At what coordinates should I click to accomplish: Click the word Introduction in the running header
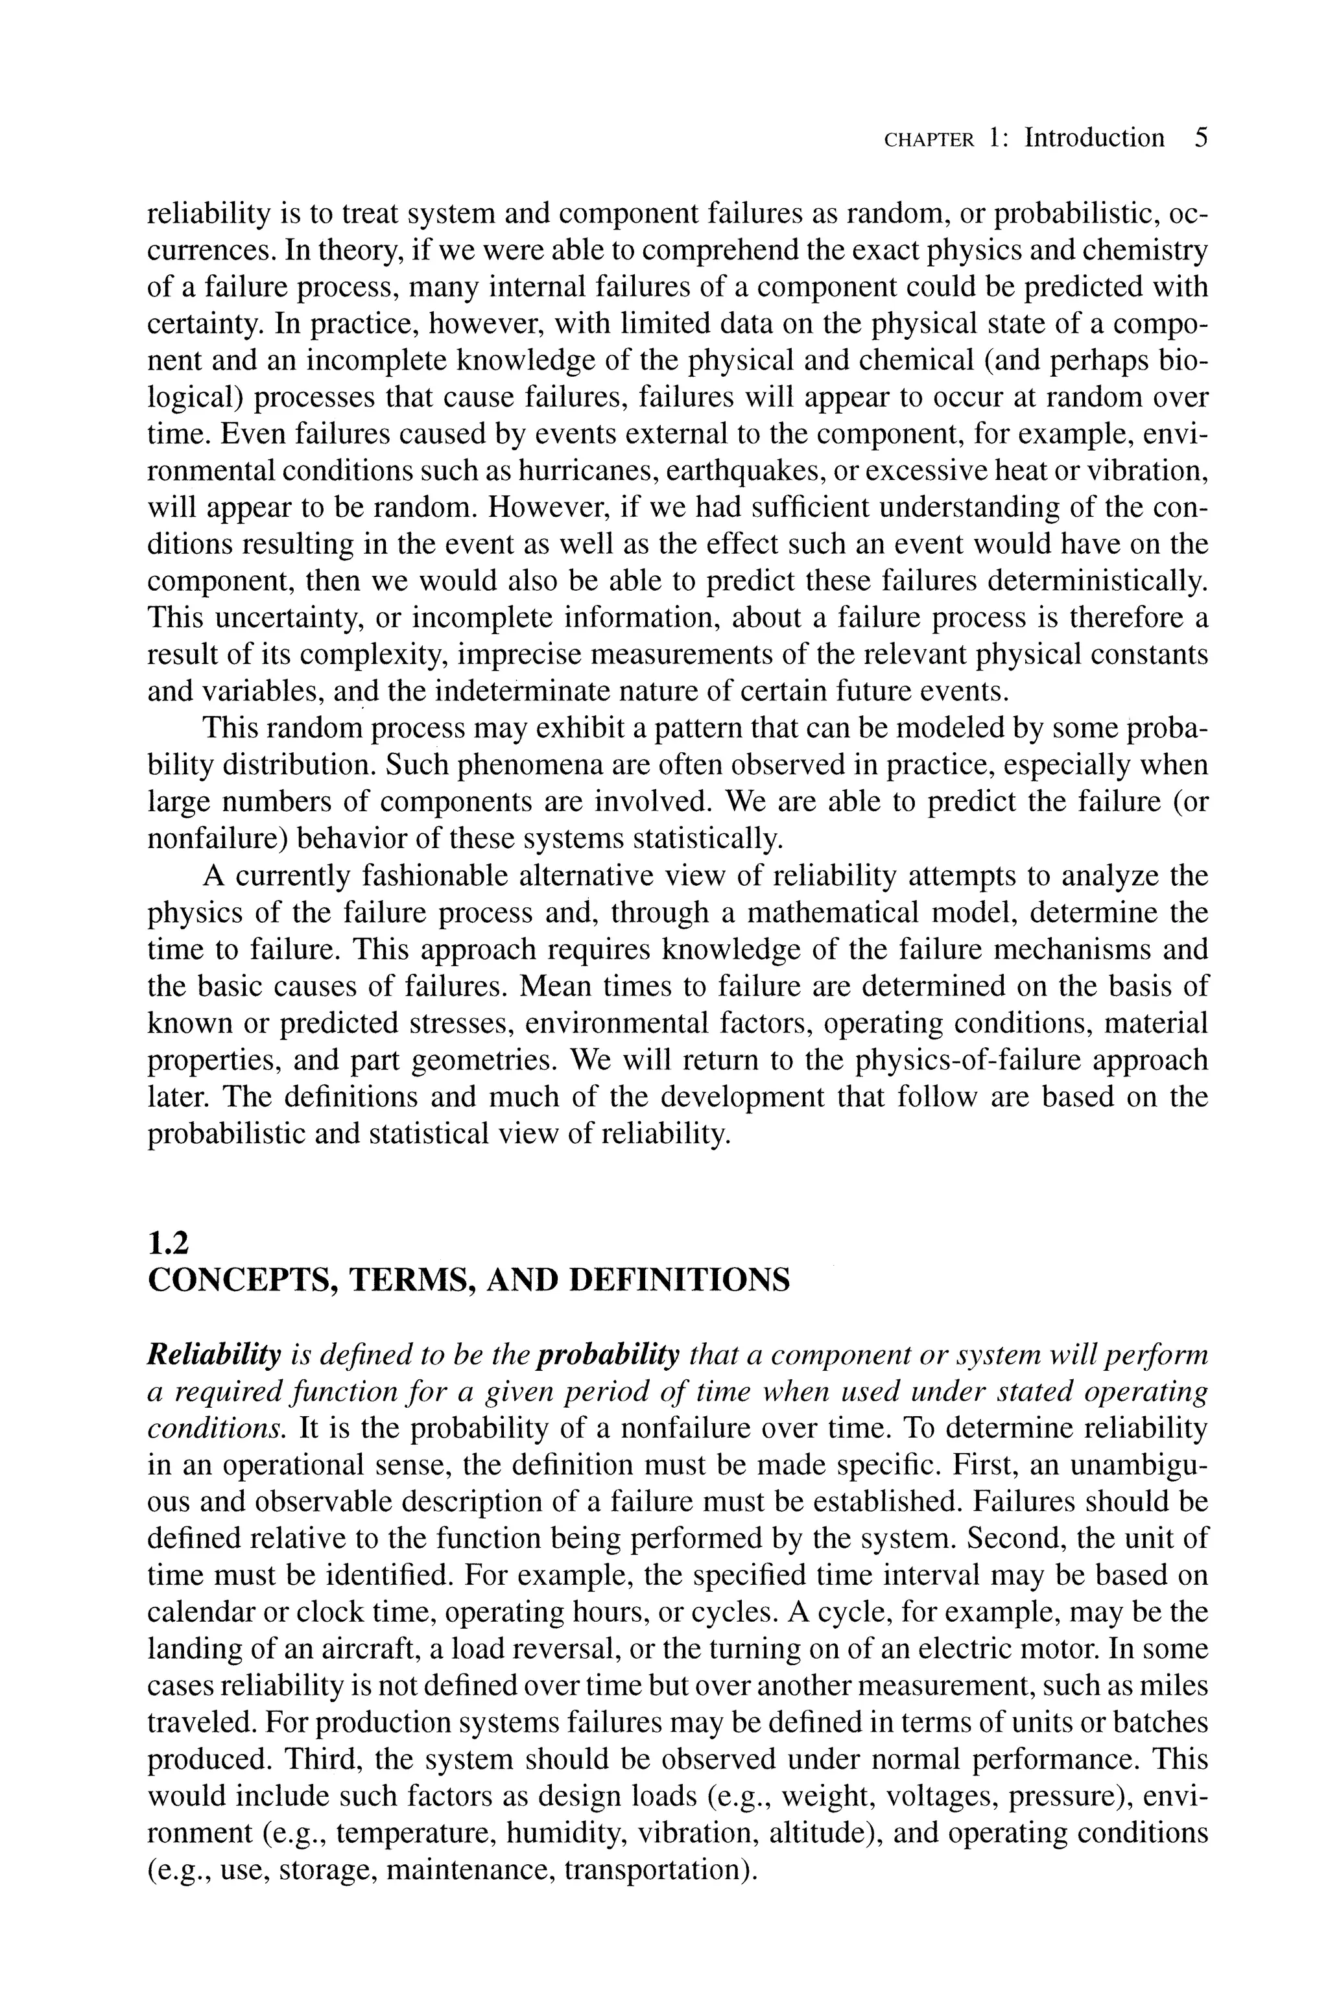click(1095, 138)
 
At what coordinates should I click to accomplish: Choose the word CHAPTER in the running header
click(929, 141)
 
